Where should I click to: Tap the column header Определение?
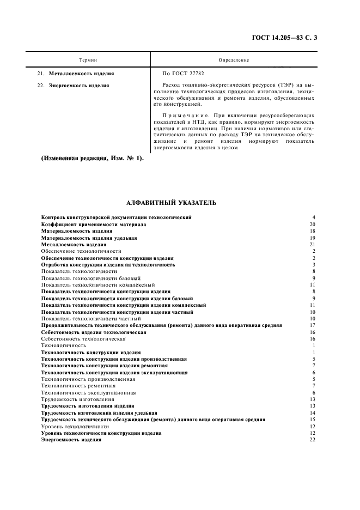pyautogui.click(x=234, y=60)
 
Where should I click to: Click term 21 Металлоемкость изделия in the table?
pyautogui.click(x=82, y=73)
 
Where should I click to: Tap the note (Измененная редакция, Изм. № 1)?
pyautogui.click(x=92, y=158)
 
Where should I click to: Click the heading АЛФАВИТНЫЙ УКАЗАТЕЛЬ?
pyautogui.click(x=171, y=203)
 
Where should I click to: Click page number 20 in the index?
pyautogui.click(x=312, y=224)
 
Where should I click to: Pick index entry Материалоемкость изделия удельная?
pyautogui.click(x=89, y=238)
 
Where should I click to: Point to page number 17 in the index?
pyautogui.click(x=312, y=325)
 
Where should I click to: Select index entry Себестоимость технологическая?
pyautogui.click(x=80, y=338)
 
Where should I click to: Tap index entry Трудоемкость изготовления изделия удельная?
pyautogui.click(x=99, y=412)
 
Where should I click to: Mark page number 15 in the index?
pyautogui.click(x=312, y=420)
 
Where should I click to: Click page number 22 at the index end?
pyautogui.click(x=312, y=440)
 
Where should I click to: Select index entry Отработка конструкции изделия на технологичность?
pyautogui.click(x=108, y=264)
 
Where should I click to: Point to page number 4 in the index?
pyautogui.click(x=314, y=217)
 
